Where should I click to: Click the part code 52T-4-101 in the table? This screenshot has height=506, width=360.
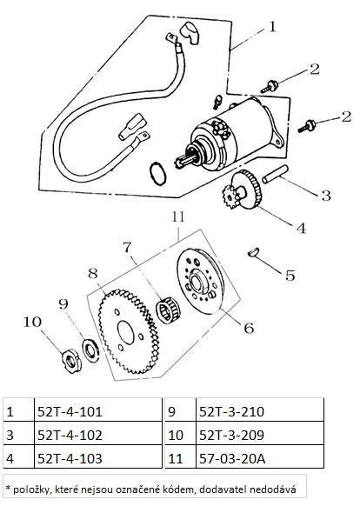point(70,411)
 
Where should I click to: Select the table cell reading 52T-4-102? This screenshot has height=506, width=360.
point(70,435)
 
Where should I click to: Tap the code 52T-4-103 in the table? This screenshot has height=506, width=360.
point(70,458)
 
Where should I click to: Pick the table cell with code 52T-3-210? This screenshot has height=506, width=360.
point(231,411)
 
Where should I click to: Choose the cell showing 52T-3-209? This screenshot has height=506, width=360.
point(231,435)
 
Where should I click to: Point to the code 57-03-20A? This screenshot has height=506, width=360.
point(232,458)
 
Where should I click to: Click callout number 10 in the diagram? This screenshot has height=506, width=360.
point(32,322)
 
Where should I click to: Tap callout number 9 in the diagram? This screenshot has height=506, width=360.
point(63,303)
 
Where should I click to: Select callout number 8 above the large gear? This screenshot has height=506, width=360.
point(93,274)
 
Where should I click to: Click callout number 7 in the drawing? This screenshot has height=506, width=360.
point(128,248)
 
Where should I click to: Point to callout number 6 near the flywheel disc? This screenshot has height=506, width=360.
point(249,328)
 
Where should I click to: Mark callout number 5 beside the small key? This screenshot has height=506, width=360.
point(290,276)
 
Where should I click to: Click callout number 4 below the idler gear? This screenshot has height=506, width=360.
point(301,228)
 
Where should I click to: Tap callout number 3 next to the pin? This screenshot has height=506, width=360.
point(326,196)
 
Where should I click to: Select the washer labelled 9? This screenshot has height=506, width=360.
point(90,350)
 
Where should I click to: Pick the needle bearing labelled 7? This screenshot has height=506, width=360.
point(169,310)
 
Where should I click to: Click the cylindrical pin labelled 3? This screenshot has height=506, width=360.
point(275,174)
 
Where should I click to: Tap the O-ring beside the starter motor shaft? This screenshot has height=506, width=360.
point(158,172)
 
